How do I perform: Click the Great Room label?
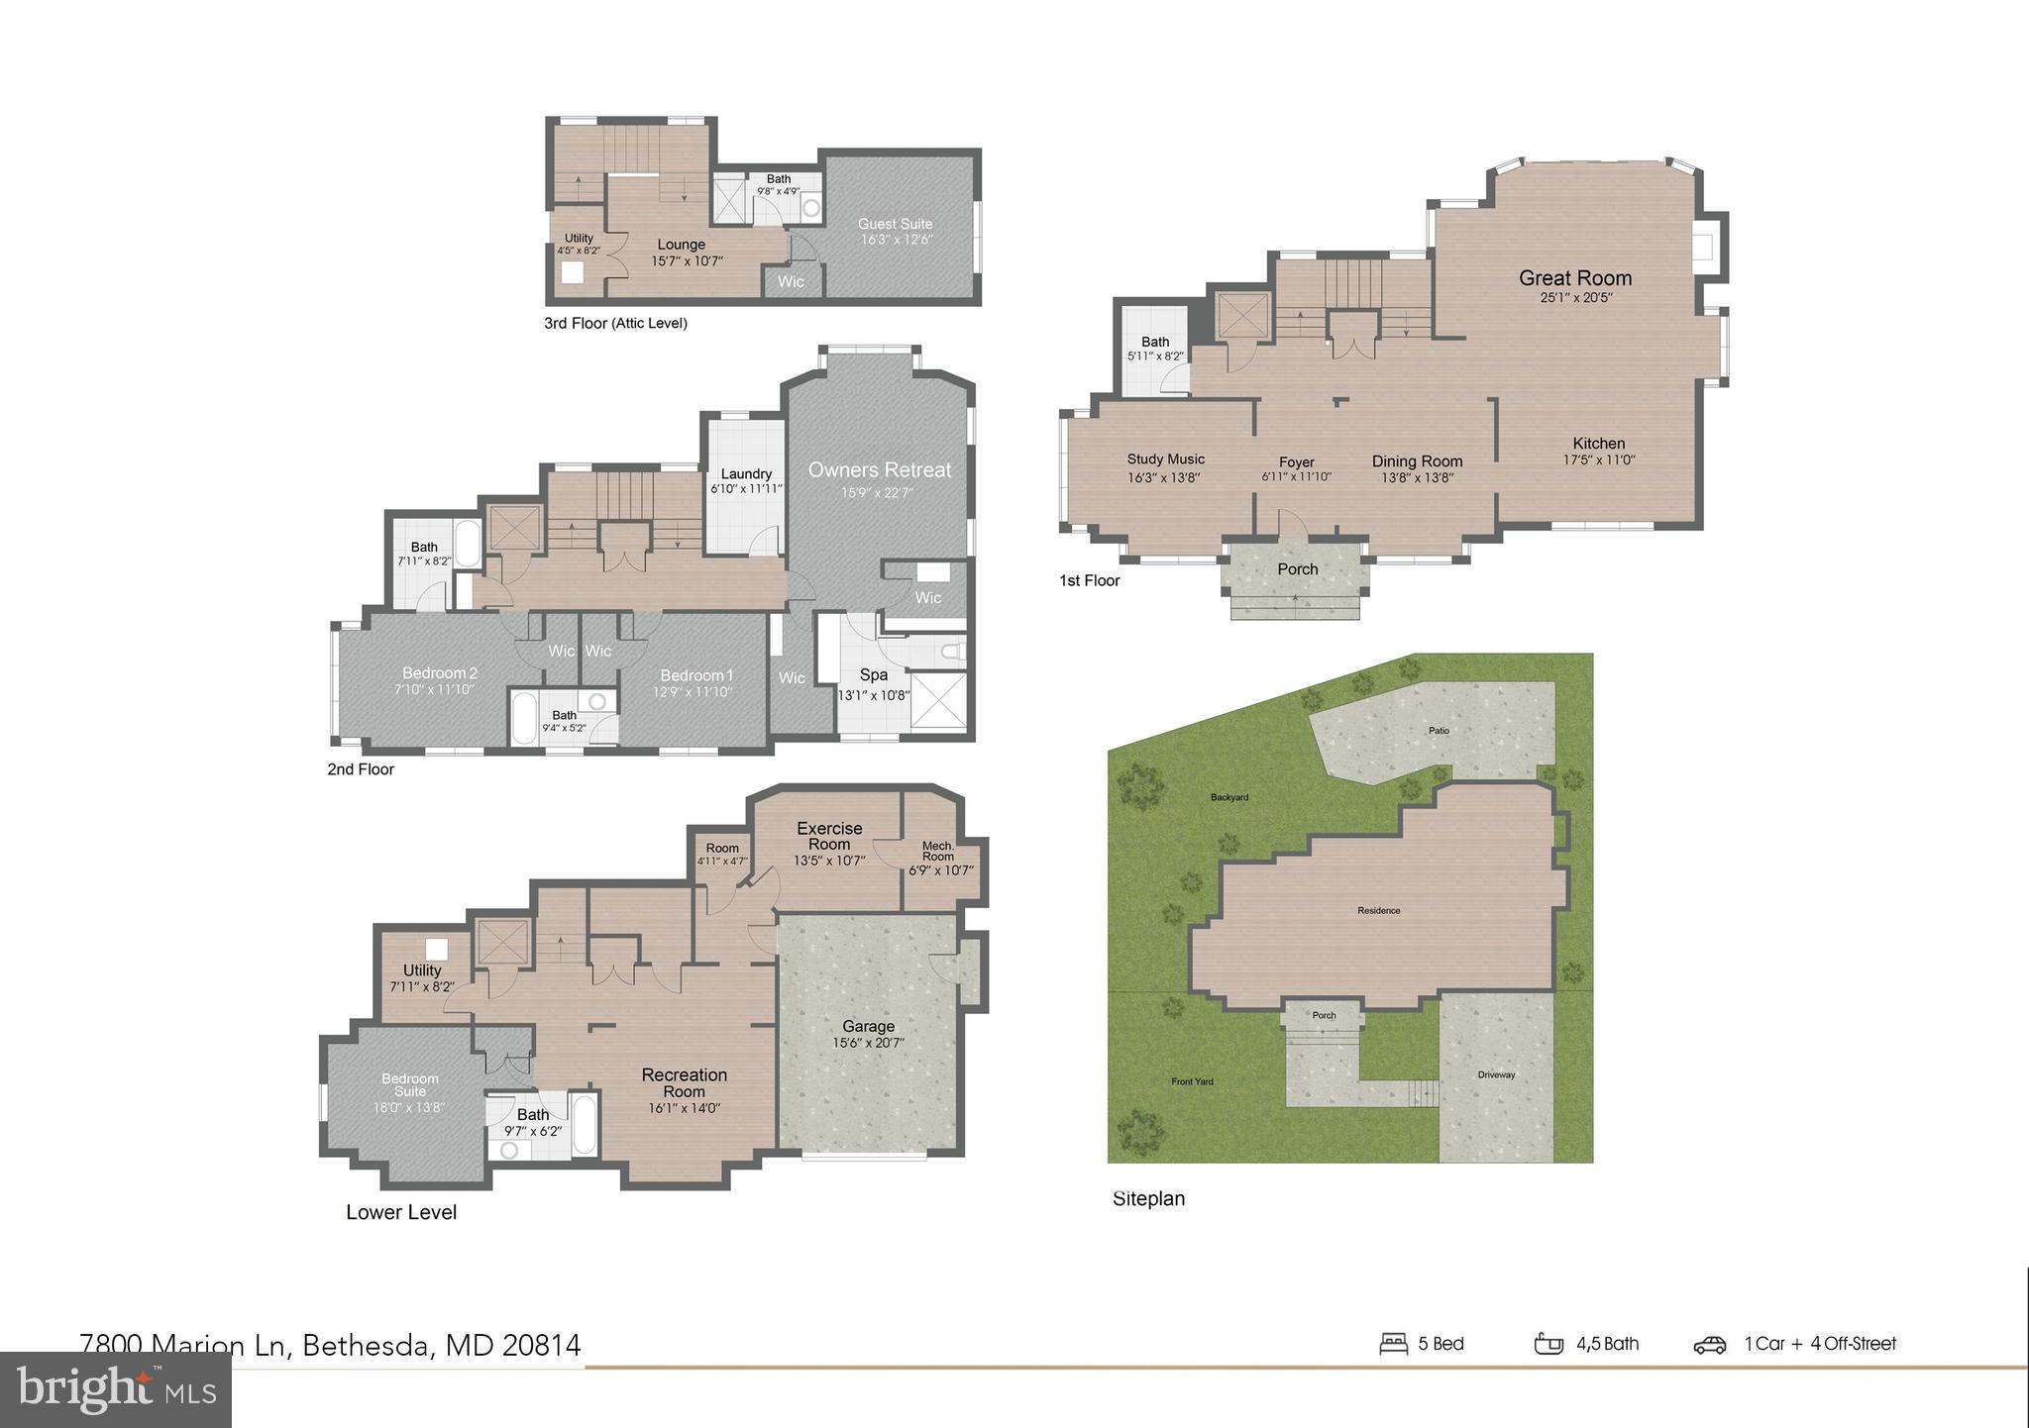1575,278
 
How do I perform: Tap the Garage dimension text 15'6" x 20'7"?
868,1043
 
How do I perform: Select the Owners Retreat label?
879,470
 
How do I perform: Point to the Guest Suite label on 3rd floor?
895,224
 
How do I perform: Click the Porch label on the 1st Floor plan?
1297,569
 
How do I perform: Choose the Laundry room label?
746,474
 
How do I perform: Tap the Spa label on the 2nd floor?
873,675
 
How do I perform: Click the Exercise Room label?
829,836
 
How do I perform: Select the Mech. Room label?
938,852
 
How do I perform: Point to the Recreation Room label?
684,1082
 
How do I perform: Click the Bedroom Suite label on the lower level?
409,1084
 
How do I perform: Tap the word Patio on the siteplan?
1439,731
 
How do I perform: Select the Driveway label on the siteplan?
1496,1074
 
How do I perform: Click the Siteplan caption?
1148,1198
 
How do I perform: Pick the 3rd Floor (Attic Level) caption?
615,323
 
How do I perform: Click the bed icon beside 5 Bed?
1393,1344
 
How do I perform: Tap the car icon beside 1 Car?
1709,1344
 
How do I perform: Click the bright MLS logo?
115,1390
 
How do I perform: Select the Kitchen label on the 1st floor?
1598,444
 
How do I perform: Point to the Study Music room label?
1165,459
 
